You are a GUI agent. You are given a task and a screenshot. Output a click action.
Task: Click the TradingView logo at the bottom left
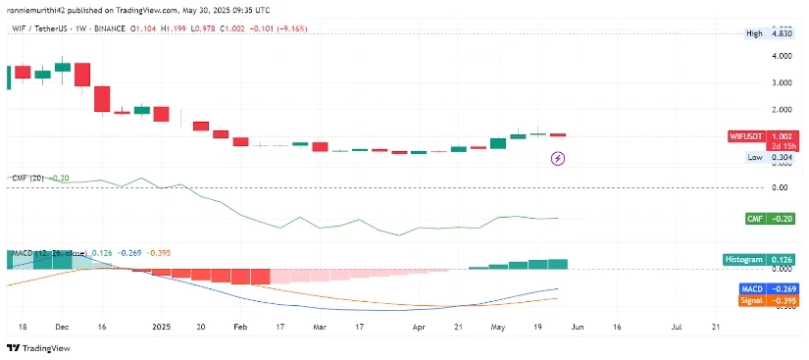38,347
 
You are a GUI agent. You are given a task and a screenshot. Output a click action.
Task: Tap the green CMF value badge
755,219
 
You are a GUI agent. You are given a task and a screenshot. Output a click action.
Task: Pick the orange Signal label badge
754,300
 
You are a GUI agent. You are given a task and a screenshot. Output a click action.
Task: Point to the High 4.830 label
769,32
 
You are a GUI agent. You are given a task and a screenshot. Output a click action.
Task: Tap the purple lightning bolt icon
558,157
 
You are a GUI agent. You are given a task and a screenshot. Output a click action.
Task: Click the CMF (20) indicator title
27,178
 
